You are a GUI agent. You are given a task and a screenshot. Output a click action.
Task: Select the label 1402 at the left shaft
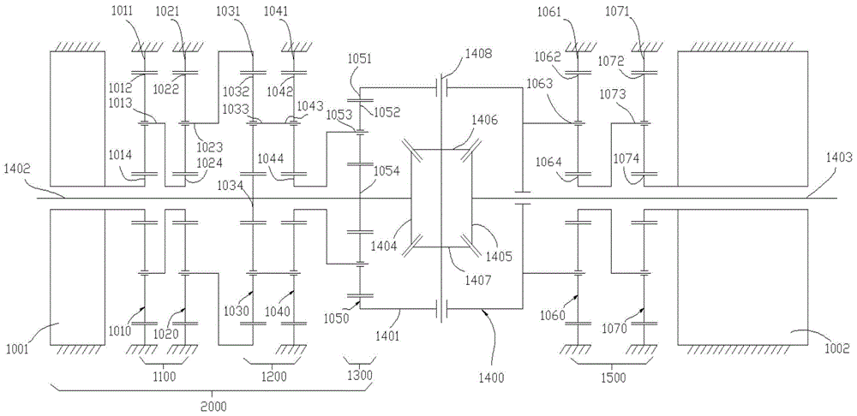pyautogui.click(x=19, y=169)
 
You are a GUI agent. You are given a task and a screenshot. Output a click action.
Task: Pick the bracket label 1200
pyautogui.click(x=273, y=377)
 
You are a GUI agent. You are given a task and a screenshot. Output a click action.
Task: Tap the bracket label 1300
pyautogui.click(x=358, y=377)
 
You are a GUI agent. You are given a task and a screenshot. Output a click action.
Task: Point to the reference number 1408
pyautogui.click(x=478, y=53)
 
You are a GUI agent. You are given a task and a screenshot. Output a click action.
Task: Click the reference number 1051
pyautogui.click(x=360, y=58)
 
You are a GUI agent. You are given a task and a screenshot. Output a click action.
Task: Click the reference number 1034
pyautogui.click(x=230, y=185)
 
